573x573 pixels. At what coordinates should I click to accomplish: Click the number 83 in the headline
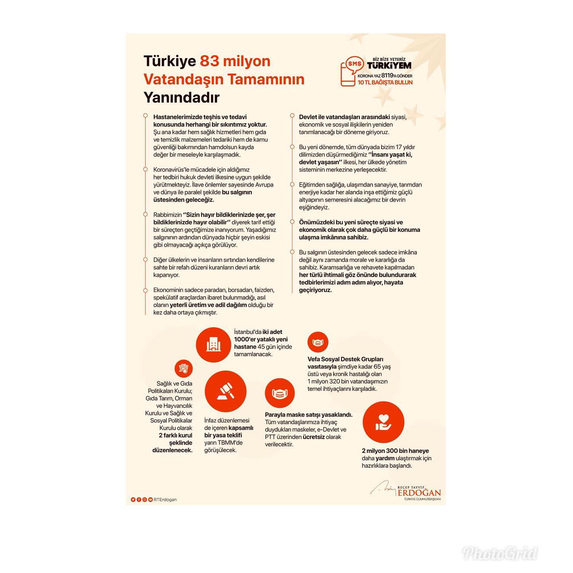click(x=209, y=61)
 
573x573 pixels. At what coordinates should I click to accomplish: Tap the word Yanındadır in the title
click(x=181, y=97)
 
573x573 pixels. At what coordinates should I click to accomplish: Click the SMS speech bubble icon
click(x=355, y=65)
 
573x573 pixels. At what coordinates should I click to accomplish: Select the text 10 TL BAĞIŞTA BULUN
click(x=385, y=82)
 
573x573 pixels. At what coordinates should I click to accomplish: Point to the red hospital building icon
click(x=213, y=345)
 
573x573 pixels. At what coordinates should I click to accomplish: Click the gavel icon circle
click(x=225, y=391)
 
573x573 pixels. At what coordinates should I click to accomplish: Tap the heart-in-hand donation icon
click(x=383, y=422)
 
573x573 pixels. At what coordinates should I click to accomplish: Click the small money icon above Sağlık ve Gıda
click(x=183, y=368)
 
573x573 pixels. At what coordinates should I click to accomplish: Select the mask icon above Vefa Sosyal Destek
click(x=318, y=342)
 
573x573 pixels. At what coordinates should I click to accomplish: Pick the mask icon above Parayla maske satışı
click(x=279, y=393)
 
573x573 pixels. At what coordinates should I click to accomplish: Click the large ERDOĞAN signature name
click(x=419, y=493)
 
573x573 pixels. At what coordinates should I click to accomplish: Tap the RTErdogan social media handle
click(x=165, y=499)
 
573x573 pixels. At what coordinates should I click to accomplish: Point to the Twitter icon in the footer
click(x=133, y=499)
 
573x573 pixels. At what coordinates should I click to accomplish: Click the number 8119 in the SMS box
click(x=387, y=76)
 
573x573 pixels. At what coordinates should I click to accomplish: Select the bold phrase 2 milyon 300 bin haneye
click(x=395, y=451)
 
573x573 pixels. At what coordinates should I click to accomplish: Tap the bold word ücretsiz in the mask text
click(x=314, y=437)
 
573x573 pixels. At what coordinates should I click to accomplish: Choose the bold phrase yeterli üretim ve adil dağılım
click(x=208, y=305)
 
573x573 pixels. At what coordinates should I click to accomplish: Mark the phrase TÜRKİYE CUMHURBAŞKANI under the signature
click(x=422, y=499)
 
